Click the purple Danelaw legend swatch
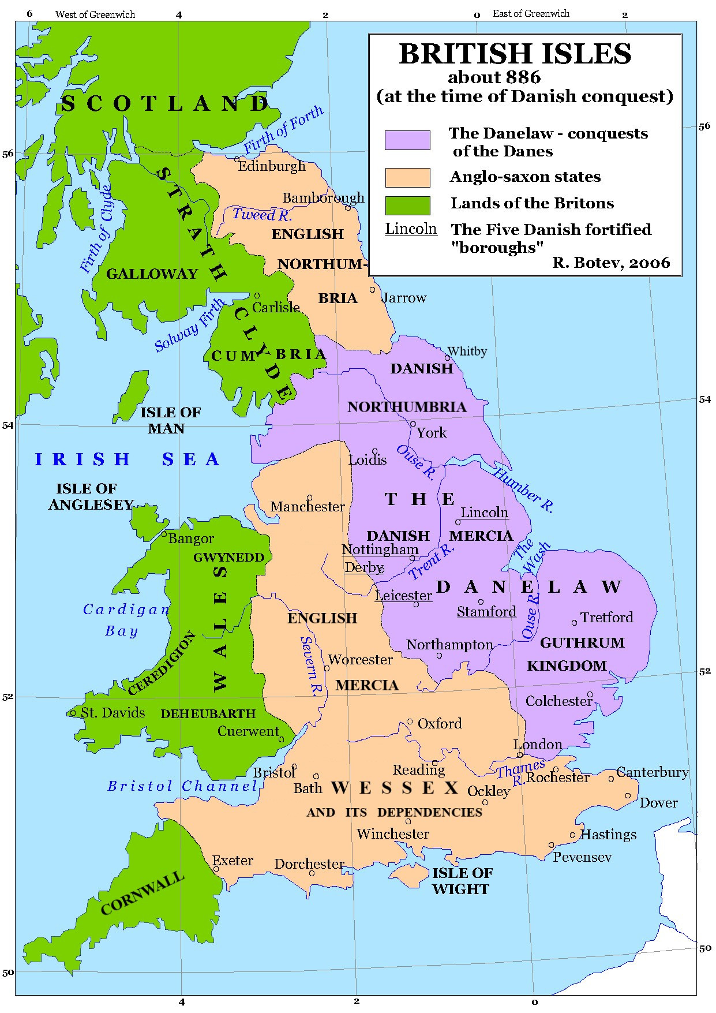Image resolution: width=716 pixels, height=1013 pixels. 407,140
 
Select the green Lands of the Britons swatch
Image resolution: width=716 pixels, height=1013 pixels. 407,205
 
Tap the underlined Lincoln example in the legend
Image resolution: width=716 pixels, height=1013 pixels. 411,229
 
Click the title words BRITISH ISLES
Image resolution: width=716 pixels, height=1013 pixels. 515,54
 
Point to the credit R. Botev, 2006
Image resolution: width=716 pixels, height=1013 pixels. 611,263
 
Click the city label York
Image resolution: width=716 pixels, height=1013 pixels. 432,433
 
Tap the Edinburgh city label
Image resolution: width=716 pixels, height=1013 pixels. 272,166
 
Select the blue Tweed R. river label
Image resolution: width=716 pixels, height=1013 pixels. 262,215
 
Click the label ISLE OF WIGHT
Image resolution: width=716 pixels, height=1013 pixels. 462,881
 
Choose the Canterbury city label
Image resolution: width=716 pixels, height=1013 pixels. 652,772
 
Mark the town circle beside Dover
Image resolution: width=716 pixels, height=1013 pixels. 628,795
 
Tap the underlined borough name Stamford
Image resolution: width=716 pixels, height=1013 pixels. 486,612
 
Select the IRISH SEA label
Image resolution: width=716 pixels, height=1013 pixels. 128,459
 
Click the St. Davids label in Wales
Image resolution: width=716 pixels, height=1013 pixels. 113,713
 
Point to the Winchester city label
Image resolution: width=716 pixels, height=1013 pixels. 393,834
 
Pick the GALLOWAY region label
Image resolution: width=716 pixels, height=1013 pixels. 152,274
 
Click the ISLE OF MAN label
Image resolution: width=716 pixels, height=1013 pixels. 170,420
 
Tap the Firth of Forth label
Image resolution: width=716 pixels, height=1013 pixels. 283,130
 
